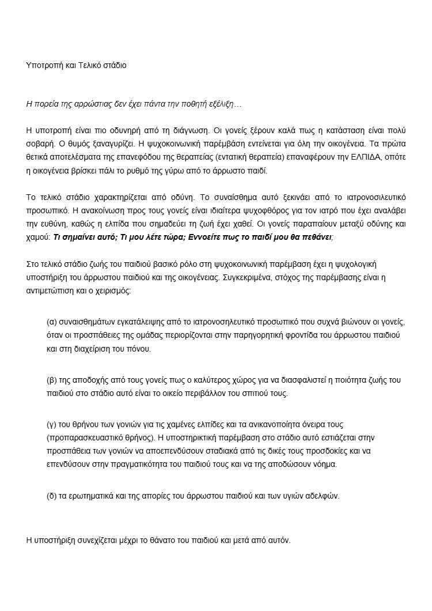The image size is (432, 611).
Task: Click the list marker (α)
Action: click(51, 321)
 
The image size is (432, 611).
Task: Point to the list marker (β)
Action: click(51, 380)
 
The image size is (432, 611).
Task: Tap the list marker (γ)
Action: click(51, 424)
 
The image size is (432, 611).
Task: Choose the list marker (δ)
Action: click(51, 496)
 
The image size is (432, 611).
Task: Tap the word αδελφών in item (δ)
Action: click(324, 496)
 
